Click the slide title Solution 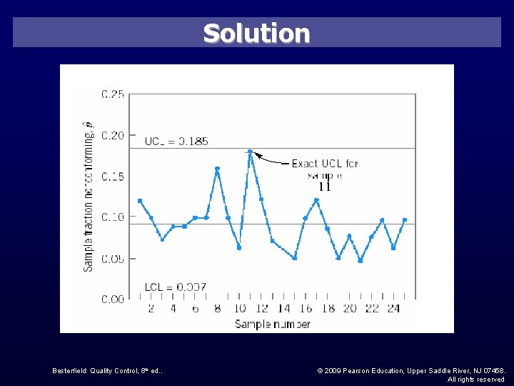tap(256, 34)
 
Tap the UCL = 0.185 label tap(176, 141)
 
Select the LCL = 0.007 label tap(175, 287)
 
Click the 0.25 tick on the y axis tap(113, 94)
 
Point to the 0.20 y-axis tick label tap(113, 135)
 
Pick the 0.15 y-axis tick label tap(113, 177)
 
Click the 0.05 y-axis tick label tap(113, 259)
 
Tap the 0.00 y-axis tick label tap(113, 299)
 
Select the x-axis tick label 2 tap(151, 309)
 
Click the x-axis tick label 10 tap(239, 309)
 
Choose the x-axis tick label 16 tap(306, 309)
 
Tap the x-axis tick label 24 tap(394, 309)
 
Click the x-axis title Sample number tap(272, 324)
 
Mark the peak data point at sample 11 tap(250, 152)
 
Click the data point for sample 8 tap(217, 169)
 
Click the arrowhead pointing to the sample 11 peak tap(257, 154)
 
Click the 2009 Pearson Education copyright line tap(410, 370)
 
